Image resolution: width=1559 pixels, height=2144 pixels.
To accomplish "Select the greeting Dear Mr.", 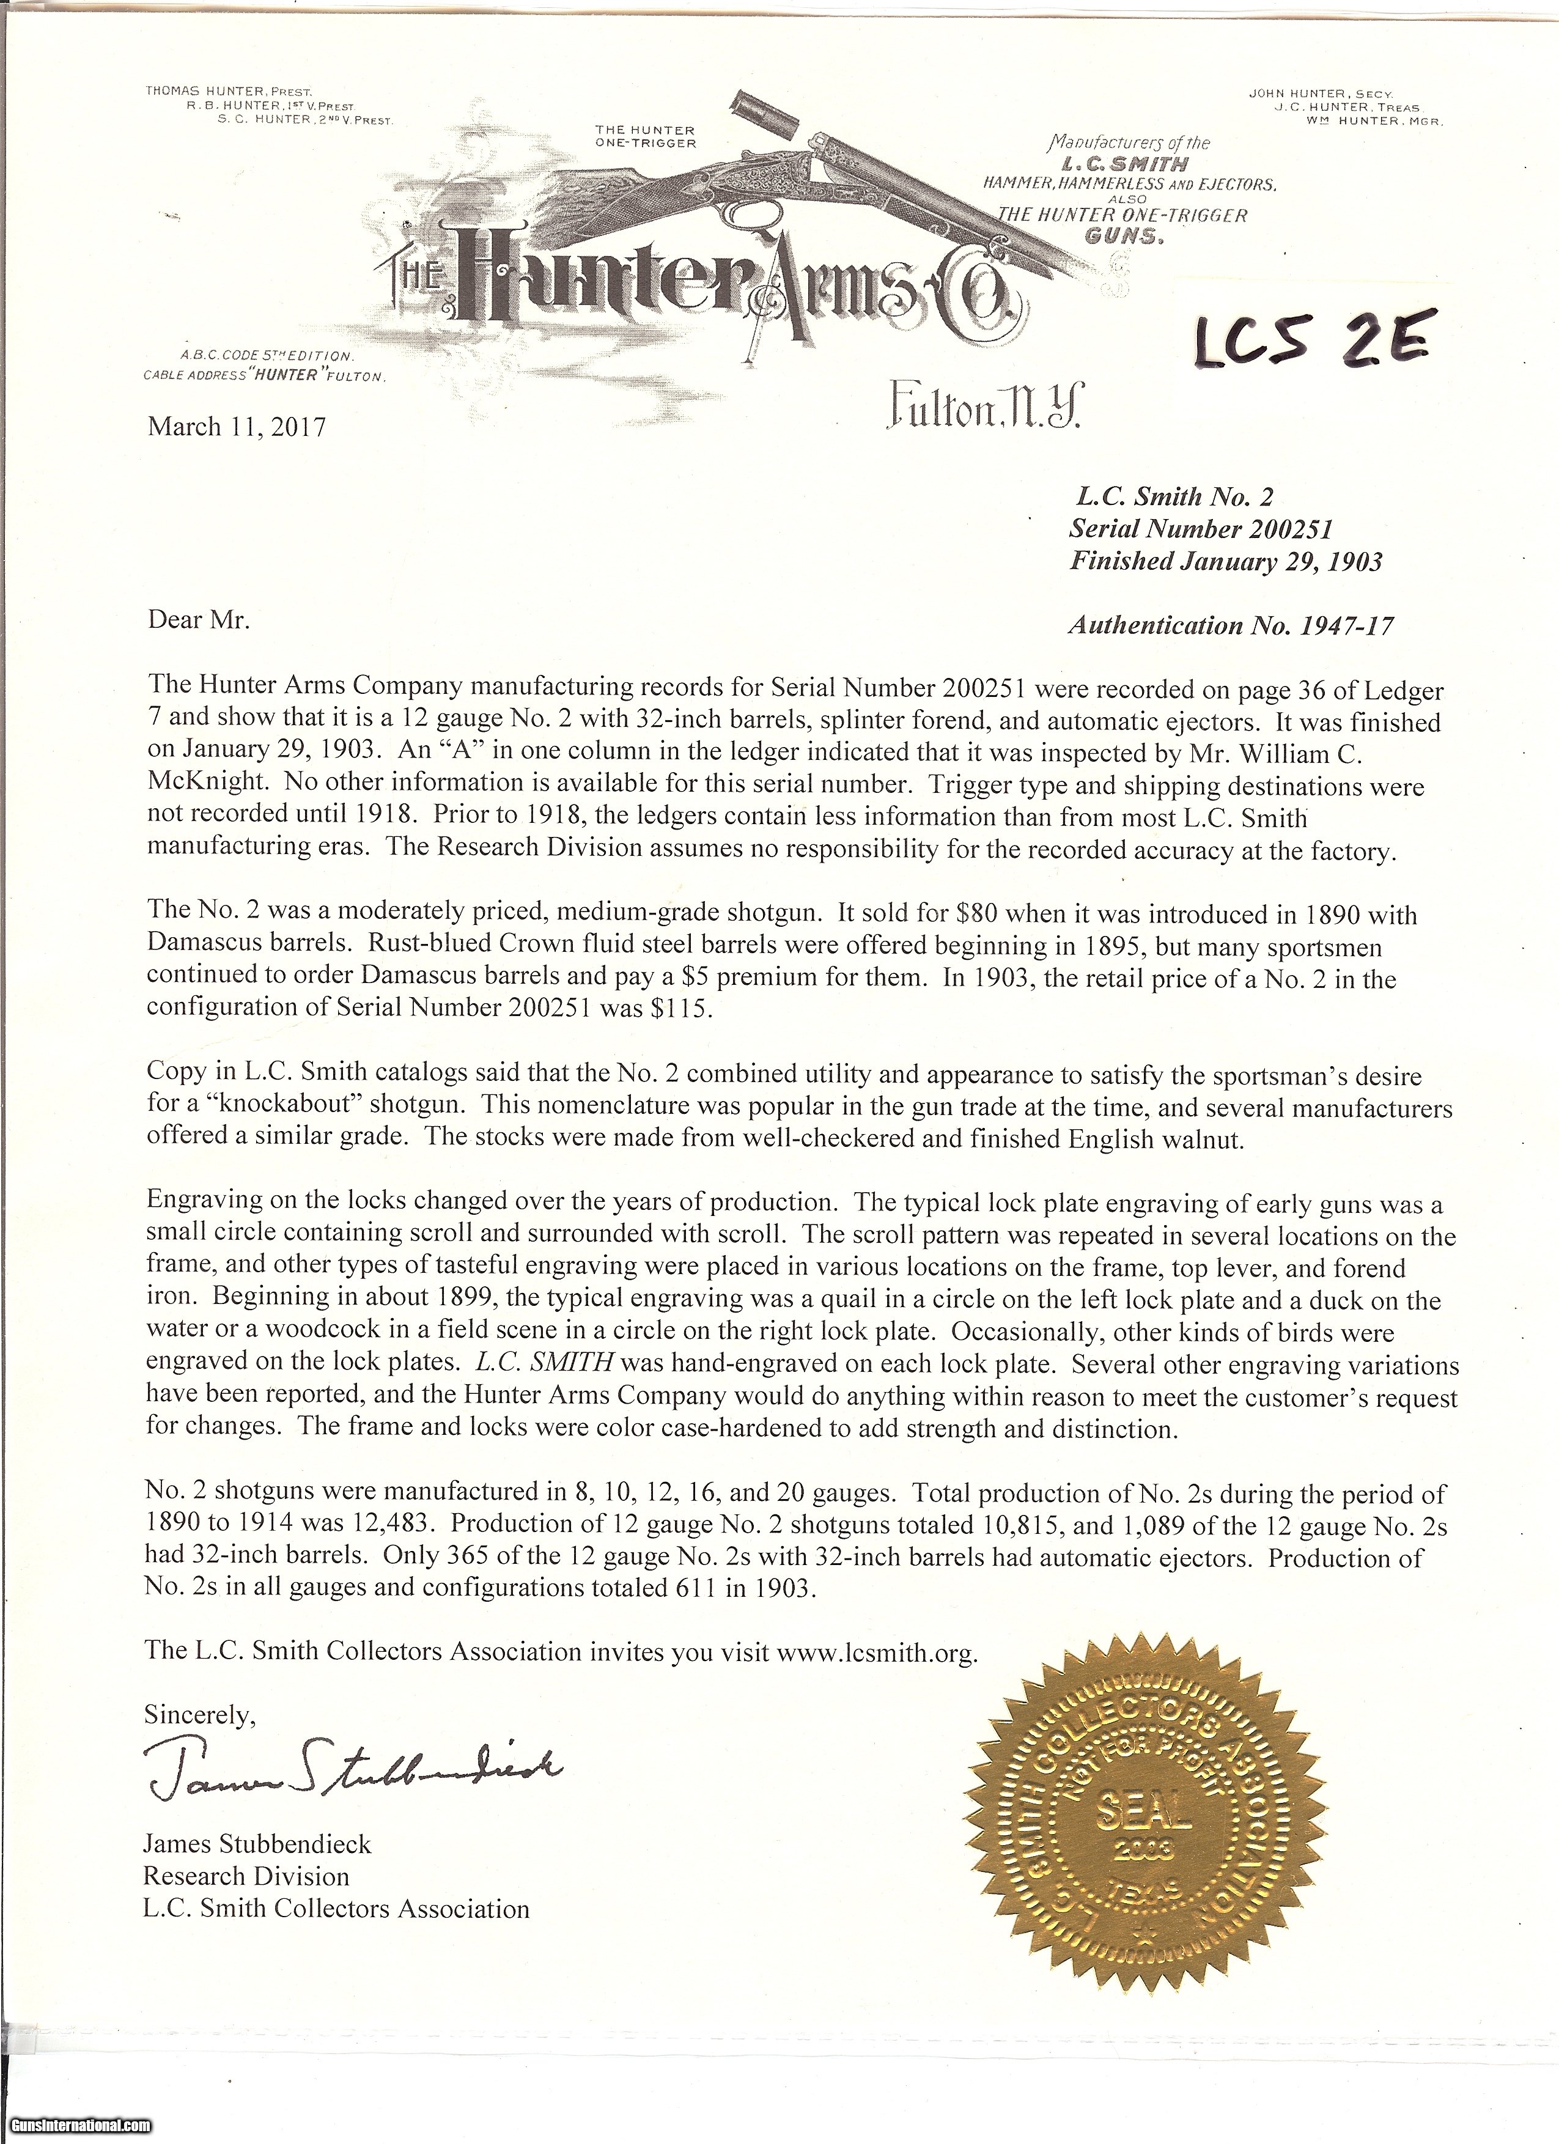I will coord(199,620).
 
